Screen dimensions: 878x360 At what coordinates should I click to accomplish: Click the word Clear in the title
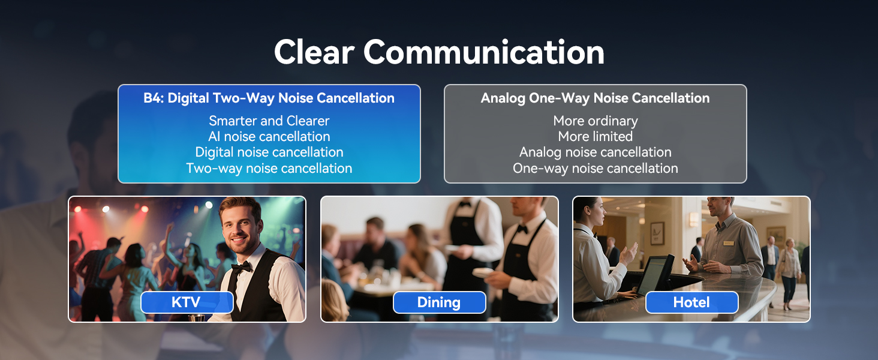314,52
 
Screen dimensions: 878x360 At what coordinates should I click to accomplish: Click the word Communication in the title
484,52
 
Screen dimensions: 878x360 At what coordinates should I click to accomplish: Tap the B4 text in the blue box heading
154,98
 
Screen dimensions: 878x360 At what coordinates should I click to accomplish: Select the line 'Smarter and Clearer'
269,121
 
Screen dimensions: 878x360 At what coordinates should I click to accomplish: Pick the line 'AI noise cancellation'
269,136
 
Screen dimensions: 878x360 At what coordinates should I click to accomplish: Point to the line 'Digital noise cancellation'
269,152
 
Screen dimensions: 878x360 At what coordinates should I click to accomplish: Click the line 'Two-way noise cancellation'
269,168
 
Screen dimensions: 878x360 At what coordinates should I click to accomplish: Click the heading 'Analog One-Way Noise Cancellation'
595,98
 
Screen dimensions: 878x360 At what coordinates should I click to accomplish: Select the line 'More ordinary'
596,121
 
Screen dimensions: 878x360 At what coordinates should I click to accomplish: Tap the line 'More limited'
596,136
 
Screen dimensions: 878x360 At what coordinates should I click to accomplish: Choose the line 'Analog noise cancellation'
596,152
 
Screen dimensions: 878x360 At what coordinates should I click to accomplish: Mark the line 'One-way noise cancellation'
596,168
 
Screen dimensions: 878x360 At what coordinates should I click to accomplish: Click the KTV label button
187,302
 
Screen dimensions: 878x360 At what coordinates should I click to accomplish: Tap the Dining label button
440,302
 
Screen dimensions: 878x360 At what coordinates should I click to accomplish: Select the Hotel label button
692,302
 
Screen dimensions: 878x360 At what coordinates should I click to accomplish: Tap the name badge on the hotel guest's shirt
728,243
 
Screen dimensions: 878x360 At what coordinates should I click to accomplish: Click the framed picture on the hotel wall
657,233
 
